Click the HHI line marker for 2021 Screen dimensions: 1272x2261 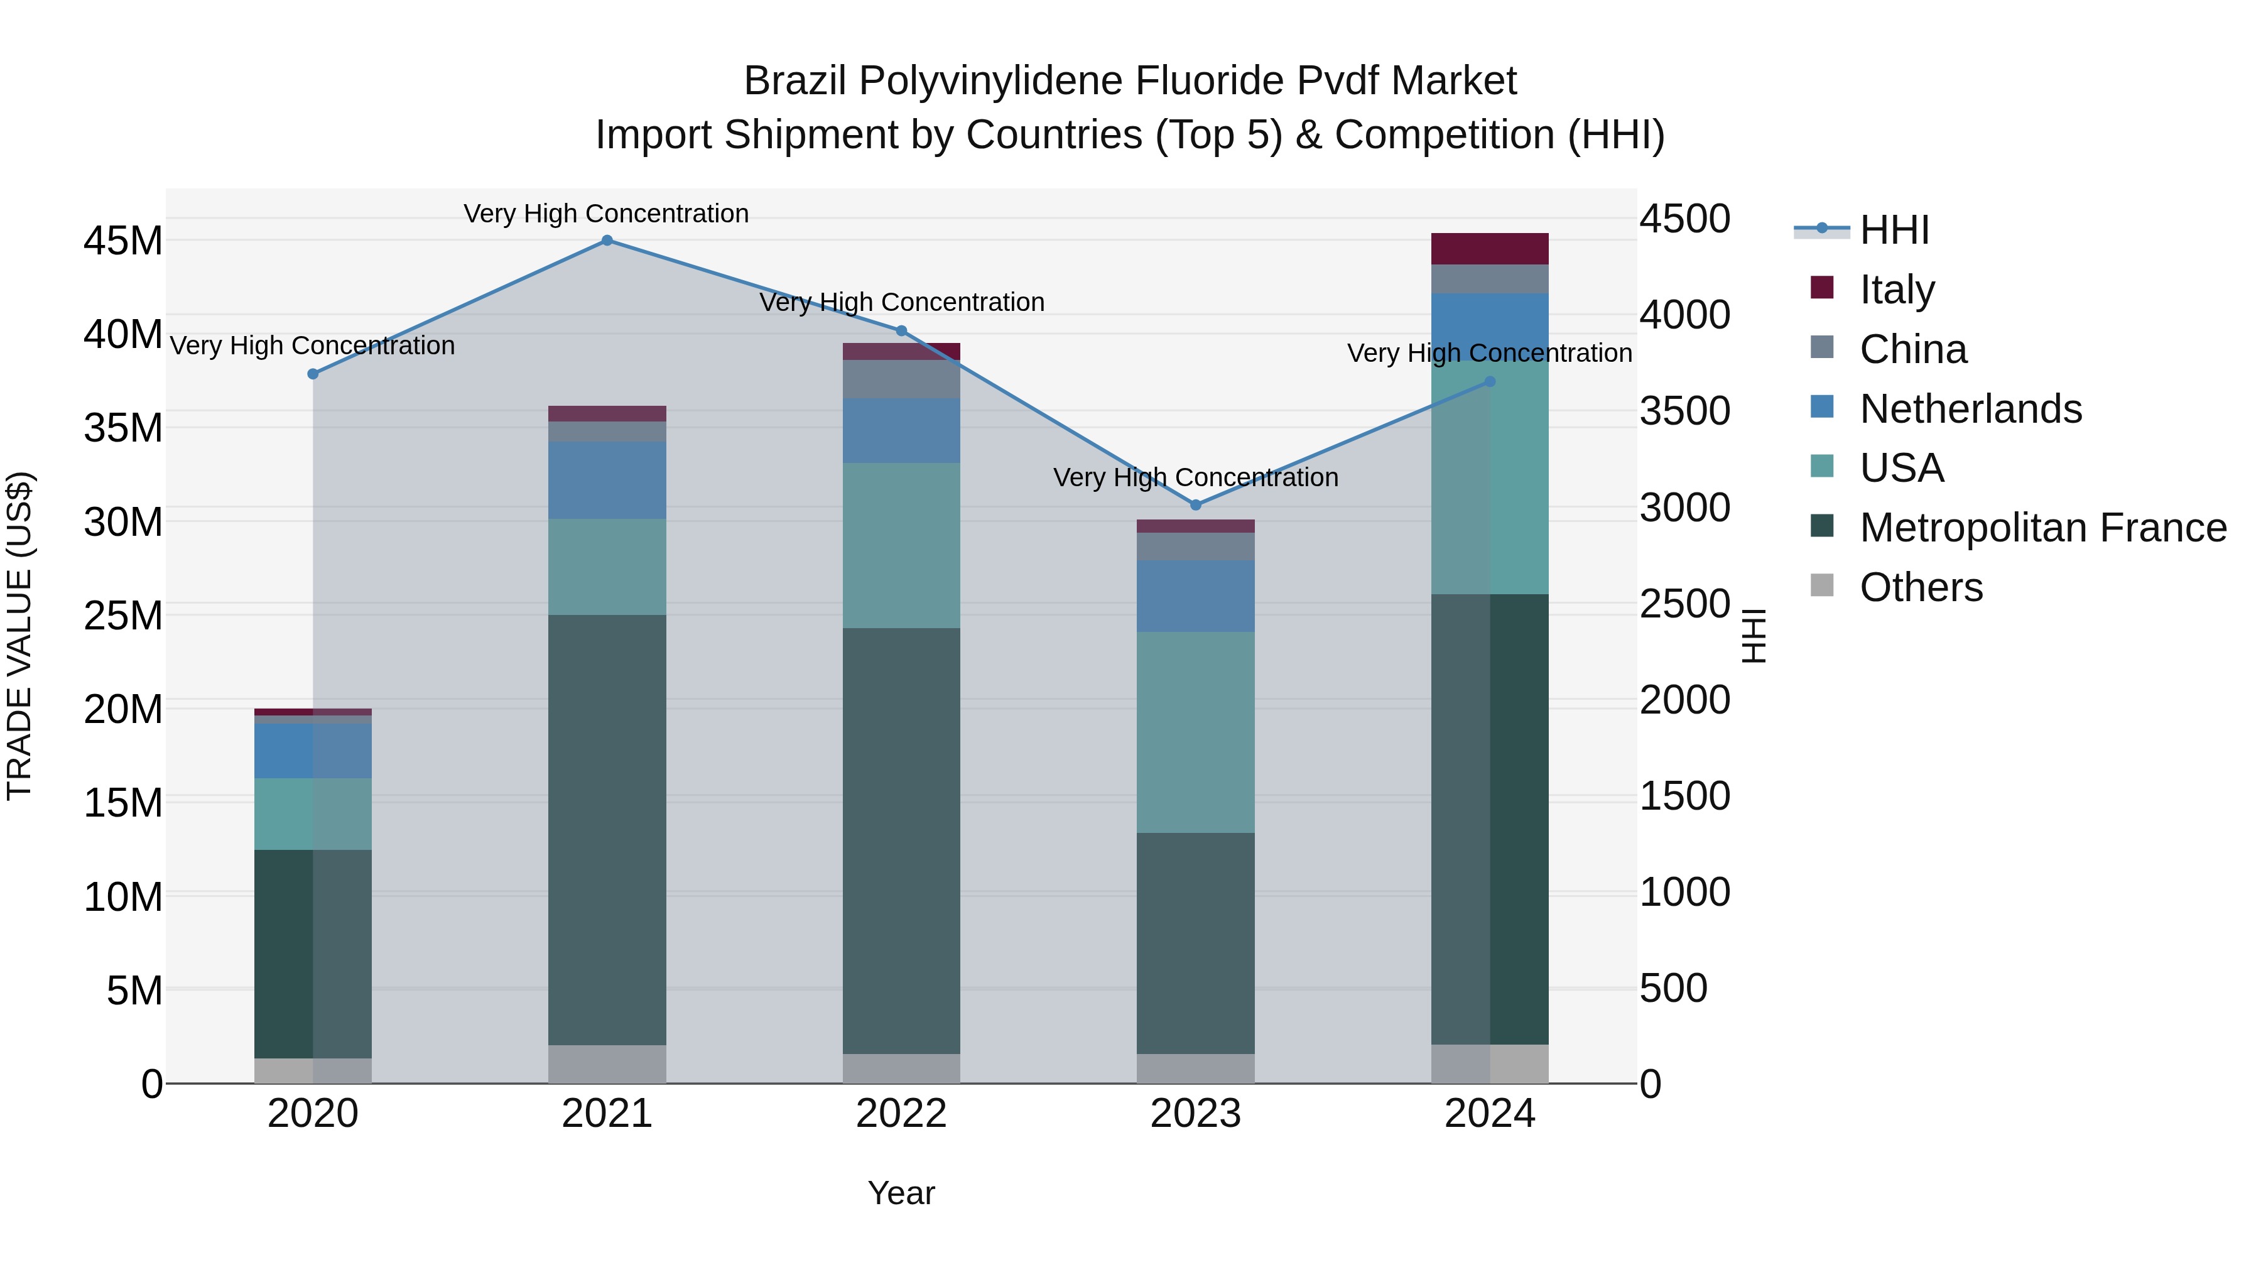[x=607, y=241]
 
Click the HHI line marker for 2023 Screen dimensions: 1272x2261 [x=1195, y=505]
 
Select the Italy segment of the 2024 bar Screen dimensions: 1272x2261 [x=1490, y=248]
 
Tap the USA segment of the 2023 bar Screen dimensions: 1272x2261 [x=1195, y=732]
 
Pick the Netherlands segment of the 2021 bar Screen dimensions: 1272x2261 [x=607, y=480]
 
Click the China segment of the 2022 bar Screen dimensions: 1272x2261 [x=901, y=378]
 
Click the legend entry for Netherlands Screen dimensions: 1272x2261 [x=1970, y=409]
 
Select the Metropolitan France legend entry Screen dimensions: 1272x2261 [x=2042, y=528]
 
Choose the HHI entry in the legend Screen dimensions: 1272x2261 [x=1894, y=230]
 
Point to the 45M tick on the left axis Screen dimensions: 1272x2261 [x=123, y=241]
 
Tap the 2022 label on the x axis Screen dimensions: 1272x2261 [x=901, y=1114]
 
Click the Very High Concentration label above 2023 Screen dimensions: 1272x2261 [x=1195, y=477]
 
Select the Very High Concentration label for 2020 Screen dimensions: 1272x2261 [x=313, y=346]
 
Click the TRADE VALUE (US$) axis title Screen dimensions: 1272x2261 [x=19, y=636]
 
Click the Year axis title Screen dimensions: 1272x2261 [x=901, y=1193]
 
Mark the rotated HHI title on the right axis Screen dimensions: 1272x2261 [x=1753, y=636]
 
